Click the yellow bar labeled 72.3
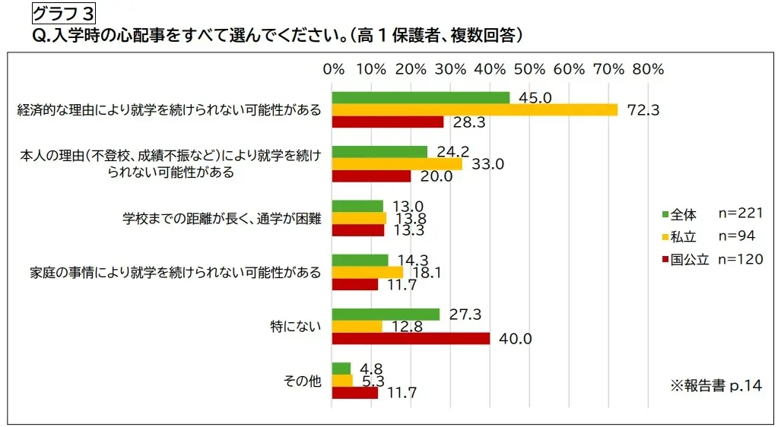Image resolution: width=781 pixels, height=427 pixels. (x=475, y=109)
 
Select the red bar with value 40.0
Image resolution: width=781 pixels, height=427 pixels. (x=411, y=338)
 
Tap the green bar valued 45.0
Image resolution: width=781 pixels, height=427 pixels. (x=421, y=97)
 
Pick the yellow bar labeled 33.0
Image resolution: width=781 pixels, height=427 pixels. (x=397, y=163)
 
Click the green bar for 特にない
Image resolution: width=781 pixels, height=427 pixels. (x=386, y=315)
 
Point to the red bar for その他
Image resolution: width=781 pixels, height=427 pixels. (x=355, y=393)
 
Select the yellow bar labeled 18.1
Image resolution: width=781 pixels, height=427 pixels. (x=368, y=272)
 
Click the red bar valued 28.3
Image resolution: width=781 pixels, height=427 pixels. (x=388, y=122)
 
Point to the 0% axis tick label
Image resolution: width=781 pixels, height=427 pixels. (x=334, y=69)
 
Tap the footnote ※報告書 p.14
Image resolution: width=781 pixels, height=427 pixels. (x=715, y=386)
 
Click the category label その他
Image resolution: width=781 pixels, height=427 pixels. (x=302, y=381)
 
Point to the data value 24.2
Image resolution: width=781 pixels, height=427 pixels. (x=452, y=151)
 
